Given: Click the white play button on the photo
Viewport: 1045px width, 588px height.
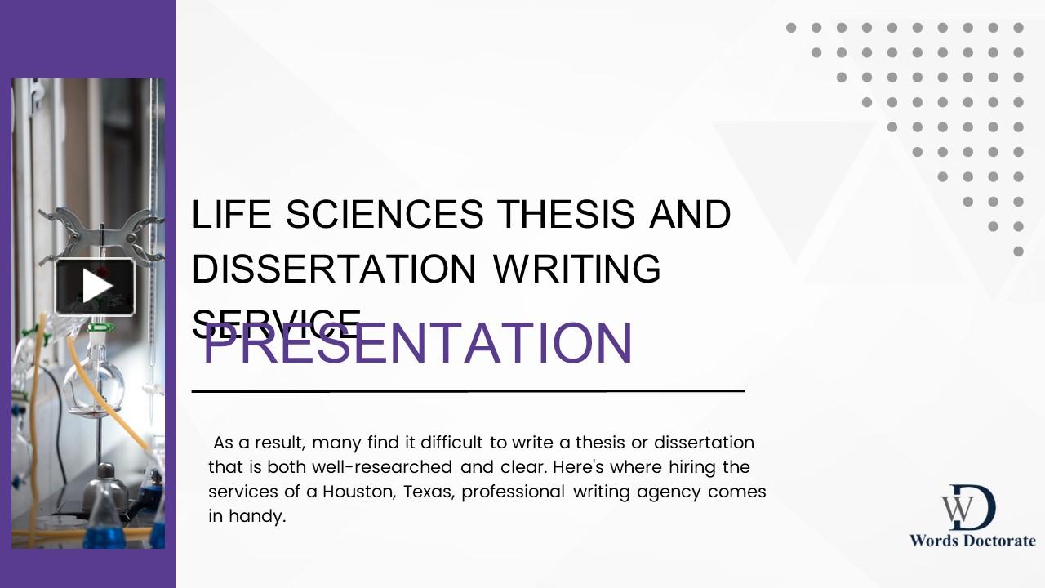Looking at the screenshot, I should pyautogui.click(x=95, y=287).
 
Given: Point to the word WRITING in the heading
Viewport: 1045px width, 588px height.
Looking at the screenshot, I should pyautogui.click(x=576, y=269).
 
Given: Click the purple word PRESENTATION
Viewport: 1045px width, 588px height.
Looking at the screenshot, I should pyautogui.click(x=417, y=342).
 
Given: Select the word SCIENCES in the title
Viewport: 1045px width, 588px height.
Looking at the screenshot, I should pyautogui.click(x=385, y=215).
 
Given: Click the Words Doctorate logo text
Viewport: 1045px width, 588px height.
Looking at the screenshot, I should pyautogui.click(x=972, y=541).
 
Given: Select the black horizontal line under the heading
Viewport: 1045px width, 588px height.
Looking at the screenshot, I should pyautogui.click(x=468, y=391).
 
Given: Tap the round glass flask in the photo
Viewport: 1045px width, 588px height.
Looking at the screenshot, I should pyautogui.click(x=95, y=384).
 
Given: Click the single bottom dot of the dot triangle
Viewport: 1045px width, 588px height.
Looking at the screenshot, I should pyautogui.click(x=1018, y=252).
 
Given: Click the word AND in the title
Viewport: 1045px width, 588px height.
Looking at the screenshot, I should pyautogui.click(x=690, y=215).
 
